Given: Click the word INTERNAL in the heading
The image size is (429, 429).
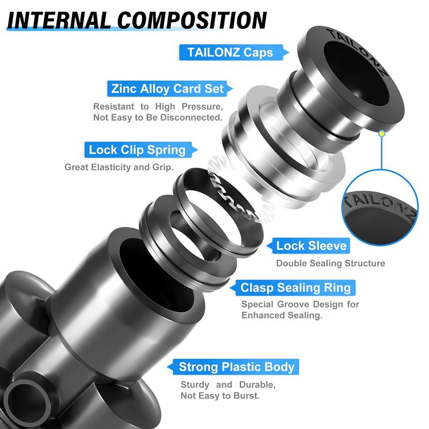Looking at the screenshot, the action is pyautogui.click(x=59, y=20).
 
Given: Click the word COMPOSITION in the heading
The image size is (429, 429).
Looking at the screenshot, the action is pyautogui.click(x=192, y=20).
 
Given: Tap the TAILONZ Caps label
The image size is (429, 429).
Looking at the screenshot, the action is pyautogui.click(x=230, y=52).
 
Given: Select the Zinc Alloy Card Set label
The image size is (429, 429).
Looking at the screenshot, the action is pyautogui.click(x=167, y=88).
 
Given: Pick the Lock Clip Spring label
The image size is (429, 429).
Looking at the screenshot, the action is pyautogui.click(x=137, y=150).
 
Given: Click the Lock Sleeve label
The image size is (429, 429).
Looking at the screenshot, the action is pyautogui.click(x=312, y=246).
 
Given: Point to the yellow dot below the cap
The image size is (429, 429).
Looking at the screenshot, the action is pyautogui.click(x=382, y=134).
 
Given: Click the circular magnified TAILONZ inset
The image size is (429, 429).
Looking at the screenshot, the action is pyautogui.click(x=380, y=208).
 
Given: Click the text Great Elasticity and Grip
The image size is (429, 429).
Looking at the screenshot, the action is pyautogui.click(x=119, y=167).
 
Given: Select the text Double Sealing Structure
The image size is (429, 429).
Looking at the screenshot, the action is pyautogui.click(x=330, y=263).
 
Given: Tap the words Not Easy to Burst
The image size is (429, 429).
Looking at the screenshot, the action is pyautogui.click(x=220, y=396).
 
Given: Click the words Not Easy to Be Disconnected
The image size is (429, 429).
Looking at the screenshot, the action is pyautogui.click(x=158, y=117).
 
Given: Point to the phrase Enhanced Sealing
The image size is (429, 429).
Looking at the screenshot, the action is pyautogui.click(x=282, y=315).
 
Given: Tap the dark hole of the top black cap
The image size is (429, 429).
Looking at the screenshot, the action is pyautogui.click(x=356, y=72).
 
